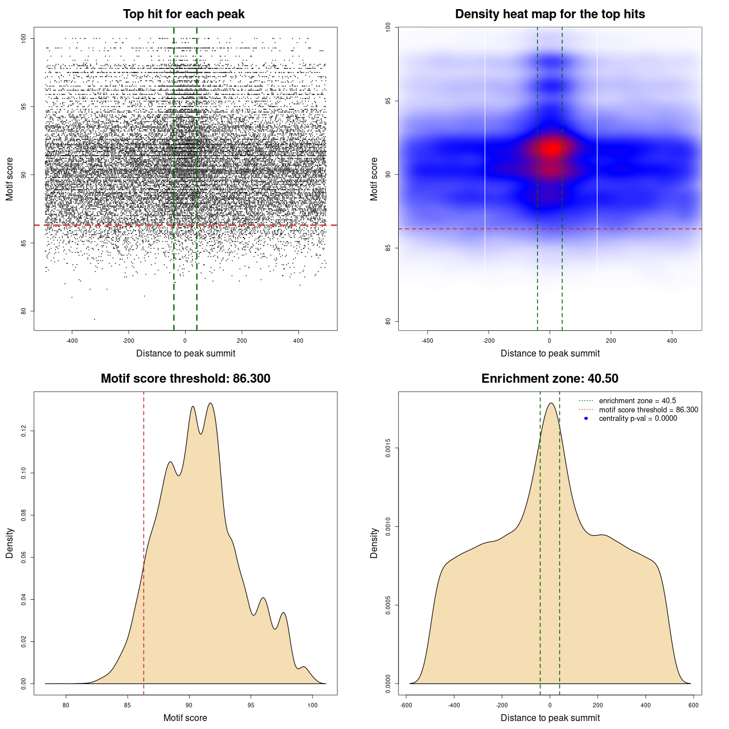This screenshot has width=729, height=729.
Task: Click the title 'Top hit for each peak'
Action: click(x=183, y=14)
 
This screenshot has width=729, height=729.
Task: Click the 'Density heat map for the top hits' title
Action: click(x=550, y=14)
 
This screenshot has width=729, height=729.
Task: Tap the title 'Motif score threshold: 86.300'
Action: click(x=185, y=379)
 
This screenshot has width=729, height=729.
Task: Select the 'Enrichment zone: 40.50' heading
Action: click(x=550, y=379)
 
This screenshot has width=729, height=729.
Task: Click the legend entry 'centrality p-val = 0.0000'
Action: click(x=638, y=419)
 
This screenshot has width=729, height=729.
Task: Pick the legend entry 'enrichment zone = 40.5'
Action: click(x=637, y=401)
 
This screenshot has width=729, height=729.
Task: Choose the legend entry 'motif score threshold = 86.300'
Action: click(x=648, y=410)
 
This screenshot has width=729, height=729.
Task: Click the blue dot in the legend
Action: click(x=586, y=419)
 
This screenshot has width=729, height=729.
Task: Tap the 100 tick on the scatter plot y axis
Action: click(x=24, y=38)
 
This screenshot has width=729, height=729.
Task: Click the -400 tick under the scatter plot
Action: click(x=72, y=341)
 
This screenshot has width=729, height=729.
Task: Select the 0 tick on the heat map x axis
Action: click(x=550, y=341)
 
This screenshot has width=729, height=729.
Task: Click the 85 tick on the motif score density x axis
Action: click(x=128, y=705)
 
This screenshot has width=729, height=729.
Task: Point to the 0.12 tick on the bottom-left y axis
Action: click(x=24, y=432)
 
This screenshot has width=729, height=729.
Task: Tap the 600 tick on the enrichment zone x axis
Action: click(x=693, y=705)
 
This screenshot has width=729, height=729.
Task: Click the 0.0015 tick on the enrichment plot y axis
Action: click(x=388, y=448)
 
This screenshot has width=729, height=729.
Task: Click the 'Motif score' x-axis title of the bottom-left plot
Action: click(x=185, y=718)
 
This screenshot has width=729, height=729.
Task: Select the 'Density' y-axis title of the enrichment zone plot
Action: click(x=374, y=543)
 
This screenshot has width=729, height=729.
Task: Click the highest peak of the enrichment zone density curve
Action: click(x=551, y=403)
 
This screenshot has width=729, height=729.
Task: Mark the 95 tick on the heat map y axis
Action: click(x=388, y=101)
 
